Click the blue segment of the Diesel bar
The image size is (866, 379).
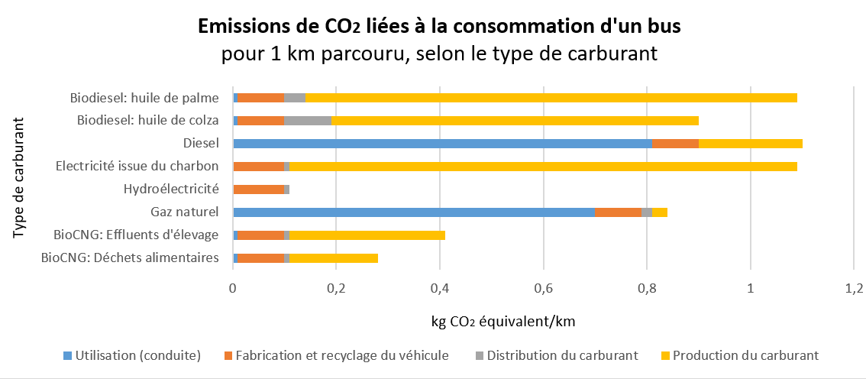426,144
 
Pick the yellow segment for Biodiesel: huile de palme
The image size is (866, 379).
551,98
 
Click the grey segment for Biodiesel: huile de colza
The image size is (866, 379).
308,121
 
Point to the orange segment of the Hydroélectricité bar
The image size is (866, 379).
258,189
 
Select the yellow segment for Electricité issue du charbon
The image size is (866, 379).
543,167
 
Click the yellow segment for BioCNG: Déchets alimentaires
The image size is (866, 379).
333,258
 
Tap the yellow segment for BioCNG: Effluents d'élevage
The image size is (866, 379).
367,235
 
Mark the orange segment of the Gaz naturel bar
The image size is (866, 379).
618,212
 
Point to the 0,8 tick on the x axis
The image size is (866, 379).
647,288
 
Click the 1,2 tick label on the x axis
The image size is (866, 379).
854,288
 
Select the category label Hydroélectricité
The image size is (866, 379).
171,189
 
